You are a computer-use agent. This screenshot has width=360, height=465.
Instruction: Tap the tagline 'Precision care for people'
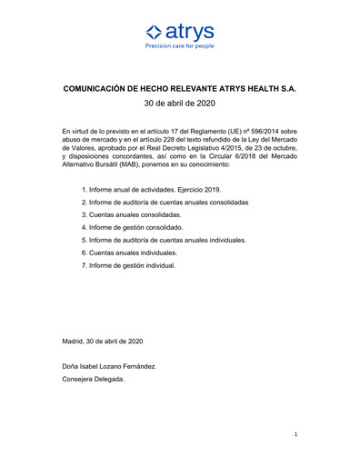tap(180, 45)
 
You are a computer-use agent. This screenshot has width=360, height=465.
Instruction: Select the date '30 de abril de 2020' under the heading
tap(180, 104)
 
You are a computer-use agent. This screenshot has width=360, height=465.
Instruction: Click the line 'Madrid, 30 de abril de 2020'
tap(103, 341)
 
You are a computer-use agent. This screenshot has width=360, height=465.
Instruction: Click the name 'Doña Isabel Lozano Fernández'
tap(109, 366)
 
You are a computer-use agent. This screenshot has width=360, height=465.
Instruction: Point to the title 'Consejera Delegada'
tap(93, 379)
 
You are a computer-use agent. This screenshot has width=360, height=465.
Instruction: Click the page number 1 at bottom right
tap(295, 435)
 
